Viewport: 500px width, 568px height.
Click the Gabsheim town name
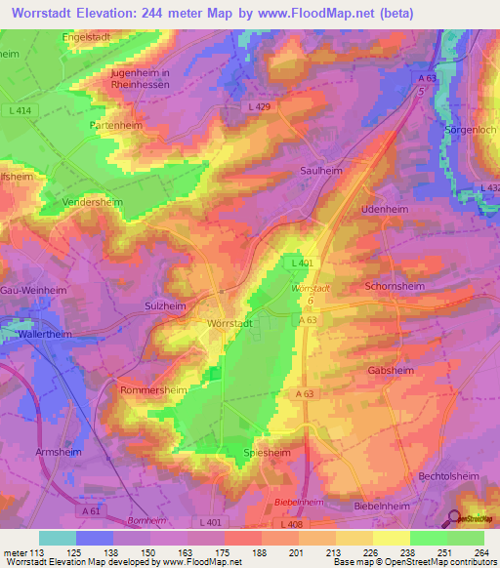(x=390, y=371)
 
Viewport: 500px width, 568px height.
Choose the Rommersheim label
(x=153, y=388)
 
